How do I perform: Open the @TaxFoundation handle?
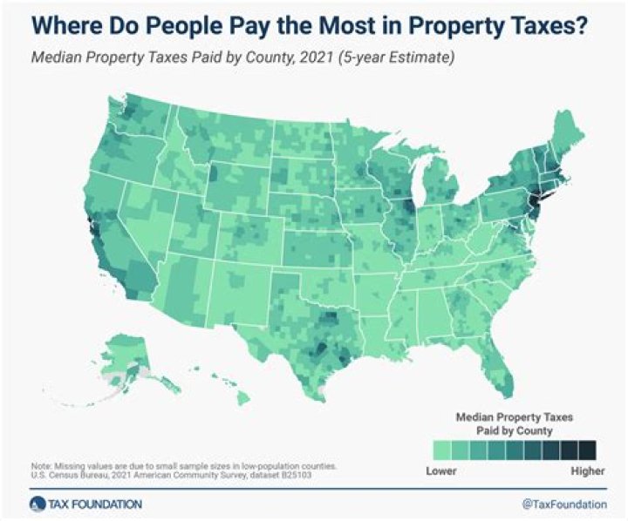[x=563, y=504]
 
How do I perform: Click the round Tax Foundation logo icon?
[x=36, y=504]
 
